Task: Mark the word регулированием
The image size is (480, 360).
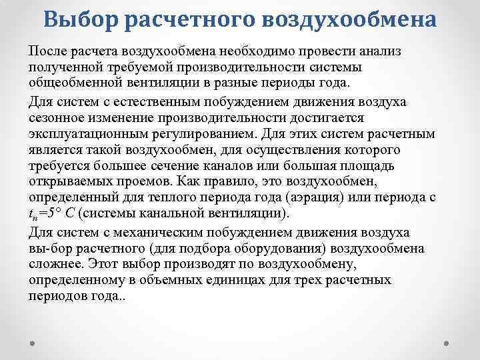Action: tap(195, 134)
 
